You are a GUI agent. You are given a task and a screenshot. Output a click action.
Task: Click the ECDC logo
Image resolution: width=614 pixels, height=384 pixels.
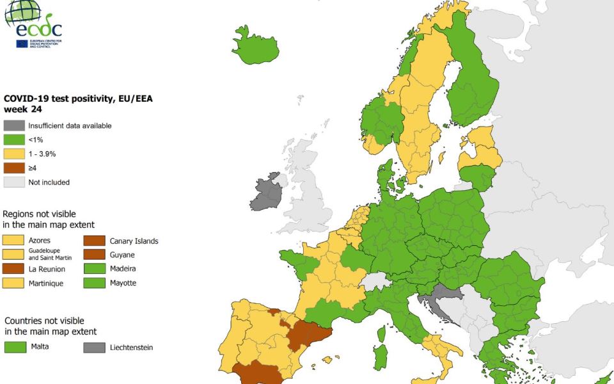click(x=33, y=24)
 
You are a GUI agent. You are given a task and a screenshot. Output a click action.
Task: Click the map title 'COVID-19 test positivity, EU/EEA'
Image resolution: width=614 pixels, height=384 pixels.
click(x=78, y=99)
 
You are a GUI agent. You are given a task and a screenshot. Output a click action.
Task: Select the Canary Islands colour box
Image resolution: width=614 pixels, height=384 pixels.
click(x=95, y=241)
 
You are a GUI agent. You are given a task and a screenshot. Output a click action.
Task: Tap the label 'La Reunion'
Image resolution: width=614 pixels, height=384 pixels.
click(x=47, y=269)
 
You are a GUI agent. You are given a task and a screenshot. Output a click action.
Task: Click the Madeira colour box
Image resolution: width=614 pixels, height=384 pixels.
click(x=95, y=269)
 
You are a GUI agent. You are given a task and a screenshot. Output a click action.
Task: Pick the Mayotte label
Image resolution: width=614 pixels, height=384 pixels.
click(x=123, y=283)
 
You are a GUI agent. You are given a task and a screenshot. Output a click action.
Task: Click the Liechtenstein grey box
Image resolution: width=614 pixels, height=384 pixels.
click(x=95, y=348)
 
